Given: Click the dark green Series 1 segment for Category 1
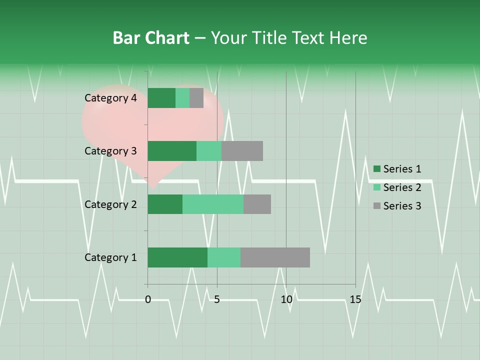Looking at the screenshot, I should [x=177, y=257].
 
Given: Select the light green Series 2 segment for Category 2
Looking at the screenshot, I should [x=213, y=204].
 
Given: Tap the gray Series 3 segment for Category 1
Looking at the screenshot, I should [x=275, y=257].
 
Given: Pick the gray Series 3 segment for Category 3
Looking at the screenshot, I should [x=242, y=151].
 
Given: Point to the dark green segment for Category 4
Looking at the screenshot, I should [x=161, y=98].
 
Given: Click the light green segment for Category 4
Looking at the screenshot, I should [x=182, y=98].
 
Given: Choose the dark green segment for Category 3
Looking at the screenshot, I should [x=172, y=151].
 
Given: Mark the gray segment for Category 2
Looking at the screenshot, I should [x=257, y=204].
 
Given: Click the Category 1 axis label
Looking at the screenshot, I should [x=110, y=257].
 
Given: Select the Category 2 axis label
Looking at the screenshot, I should [x=110, y=204].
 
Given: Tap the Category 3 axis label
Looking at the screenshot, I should [x=110, y=151].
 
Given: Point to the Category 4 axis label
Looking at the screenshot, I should [x=110, y=98].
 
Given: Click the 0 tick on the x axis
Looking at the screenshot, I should [x=148, y=299].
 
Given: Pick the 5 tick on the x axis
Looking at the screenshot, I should [x=217, y=299].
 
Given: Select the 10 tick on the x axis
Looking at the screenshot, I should [x=286, y=299].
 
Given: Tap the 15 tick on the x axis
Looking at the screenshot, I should [x=355, y=299].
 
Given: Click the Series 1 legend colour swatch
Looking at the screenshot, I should [x=377, y=169].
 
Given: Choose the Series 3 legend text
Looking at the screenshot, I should [x=402, y=206].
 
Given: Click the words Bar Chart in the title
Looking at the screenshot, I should [x=151, y=38].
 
